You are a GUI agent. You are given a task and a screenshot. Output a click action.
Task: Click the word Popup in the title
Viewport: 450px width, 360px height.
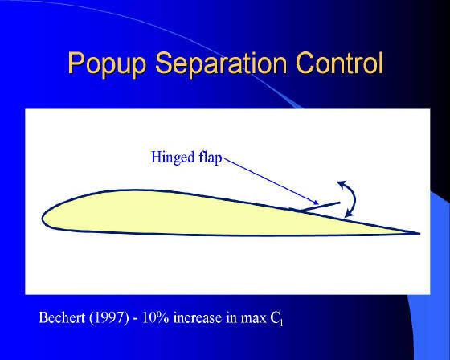click(x=107, y=63)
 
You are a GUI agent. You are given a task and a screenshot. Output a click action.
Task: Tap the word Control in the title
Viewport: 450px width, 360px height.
click(x=339, y=63)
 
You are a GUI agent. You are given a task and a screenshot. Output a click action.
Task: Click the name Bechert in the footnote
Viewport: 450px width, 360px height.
click(x=62, y=317)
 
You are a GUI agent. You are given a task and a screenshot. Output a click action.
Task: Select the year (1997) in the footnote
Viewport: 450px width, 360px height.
click(x=109, y=317)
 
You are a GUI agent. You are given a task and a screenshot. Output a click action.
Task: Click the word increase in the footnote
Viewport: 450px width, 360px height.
click(x=198, y=318)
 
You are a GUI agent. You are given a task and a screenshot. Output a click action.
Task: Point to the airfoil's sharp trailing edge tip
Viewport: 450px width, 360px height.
click(x=419, y=234)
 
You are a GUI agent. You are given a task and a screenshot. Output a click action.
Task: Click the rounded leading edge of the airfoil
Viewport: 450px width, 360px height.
click(x=43, y=219)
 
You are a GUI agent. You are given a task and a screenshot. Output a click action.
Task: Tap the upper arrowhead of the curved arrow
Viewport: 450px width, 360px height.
click(x=342, y=184)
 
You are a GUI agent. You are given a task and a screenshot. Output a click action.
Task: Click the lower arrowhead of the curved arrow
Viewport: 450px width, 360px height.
click(x=349, y=212)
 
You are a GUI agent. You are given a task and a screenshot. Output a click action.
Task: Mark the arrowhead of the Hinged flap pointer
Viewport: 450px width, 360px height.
click(x=316, y=202)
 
